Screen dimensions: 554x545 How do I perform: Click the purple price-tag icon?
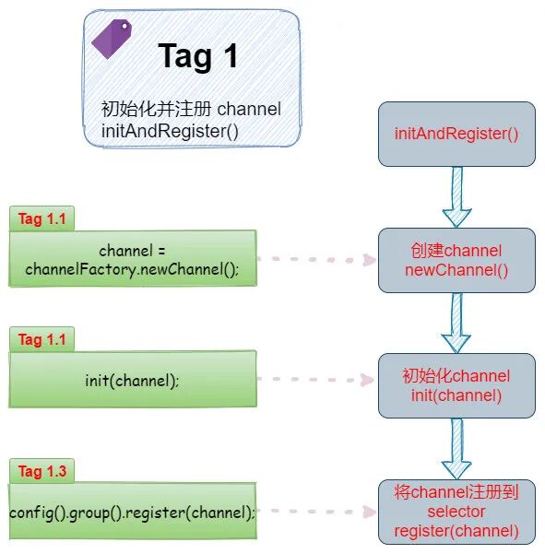[x=112, y=40]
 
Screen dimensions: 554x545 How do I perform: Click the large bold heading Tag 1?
[x=198, y=56]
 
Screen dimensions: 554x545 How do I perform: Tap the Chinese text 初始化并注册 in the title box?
[x=156, y=110]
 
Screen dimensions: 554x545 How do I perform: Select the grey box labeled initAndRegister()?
[x=456, y=134]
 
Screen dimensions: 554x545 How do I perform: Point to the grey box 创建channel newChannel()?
[x=456, y=260]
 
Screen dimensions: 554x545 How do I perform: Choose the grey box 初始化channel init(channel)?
[x=456, y=385]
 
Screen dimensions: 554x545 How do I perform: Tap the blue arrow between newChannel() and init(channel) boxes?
[x=456, y=323]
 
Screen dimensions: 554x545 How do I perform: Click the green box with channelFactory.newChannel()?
[x=133, y=259]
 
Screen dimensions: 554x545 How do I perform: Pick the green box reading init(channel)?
[x=133, y=379]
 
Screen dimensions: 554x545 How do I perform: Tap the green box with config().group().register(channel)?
[x=133, y=512]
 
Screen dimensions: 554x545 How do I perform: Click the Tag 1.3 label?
[x=42, y=471]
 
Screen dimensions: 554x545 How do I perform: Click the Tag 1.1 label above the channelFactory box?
[x=42, y=218]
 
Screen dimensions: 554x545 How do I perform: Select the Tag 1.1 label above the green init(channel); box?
[x=42, y=339]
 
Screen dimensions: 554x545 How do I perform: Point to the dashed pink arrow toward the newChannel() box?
[x=318, y=260]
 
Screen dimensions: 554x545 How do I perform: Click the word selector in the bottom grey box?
[x=456, y=511]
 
